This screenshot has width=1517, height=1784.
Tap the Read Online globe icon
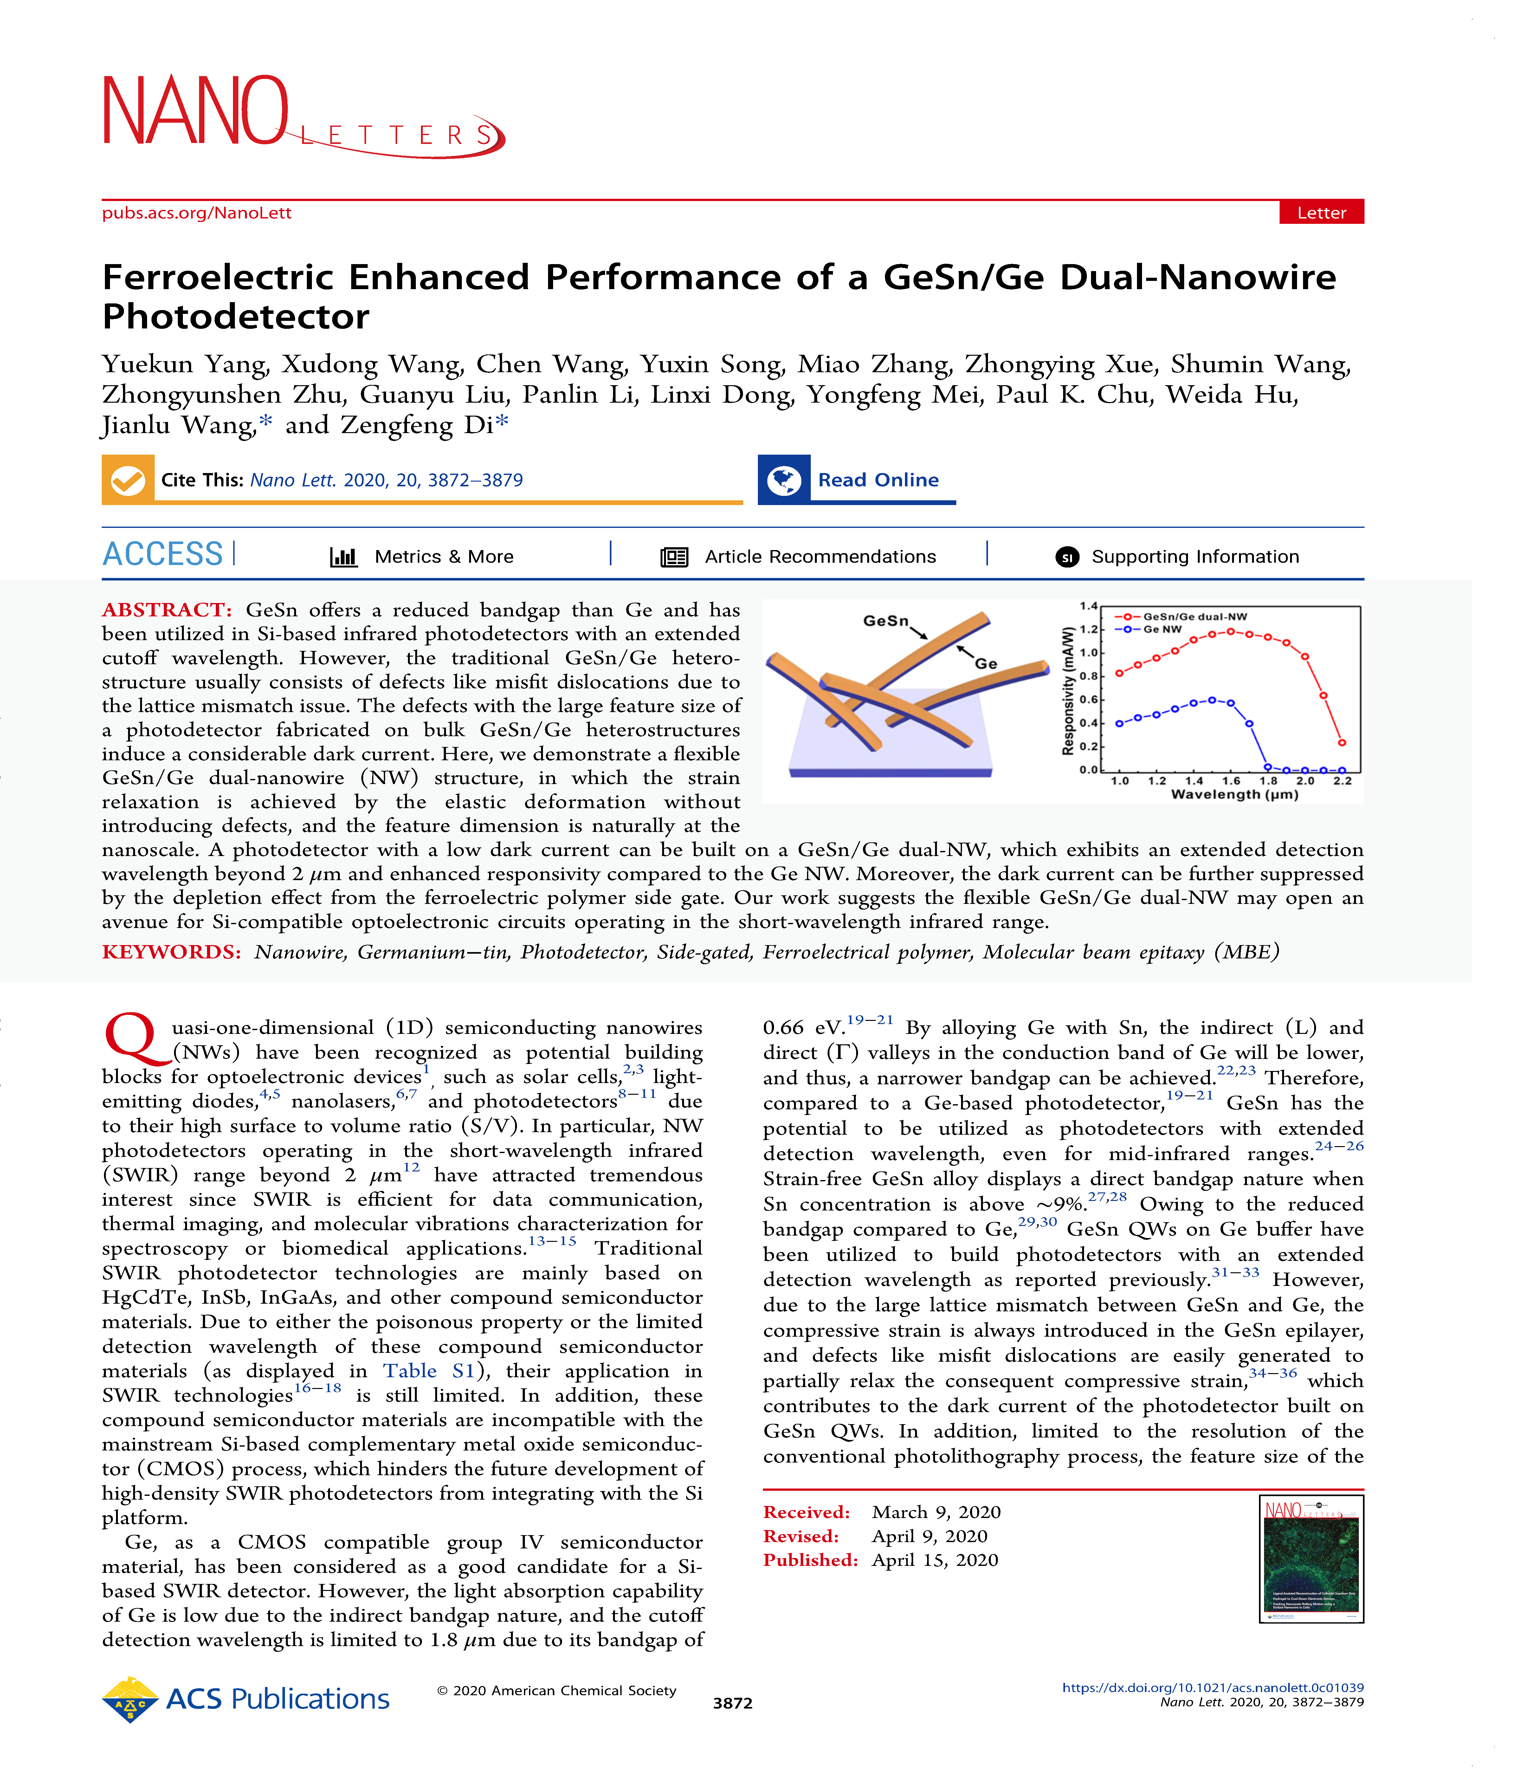(784, 480)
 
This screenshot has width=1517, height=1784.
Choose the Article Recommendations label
(820, 556)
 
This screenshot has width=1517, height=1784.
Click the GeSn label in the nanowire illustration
(885, 620)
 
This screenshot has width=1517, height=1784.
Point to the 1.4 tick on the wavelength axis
(1194, 781)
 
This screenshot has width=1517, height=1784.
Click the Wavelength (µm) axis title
(1234, 795)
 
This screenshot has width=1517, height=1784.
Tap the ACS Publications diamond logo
(130, 1699)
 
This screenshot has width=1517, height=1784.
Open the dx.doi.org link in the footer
(1213, 1688)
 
